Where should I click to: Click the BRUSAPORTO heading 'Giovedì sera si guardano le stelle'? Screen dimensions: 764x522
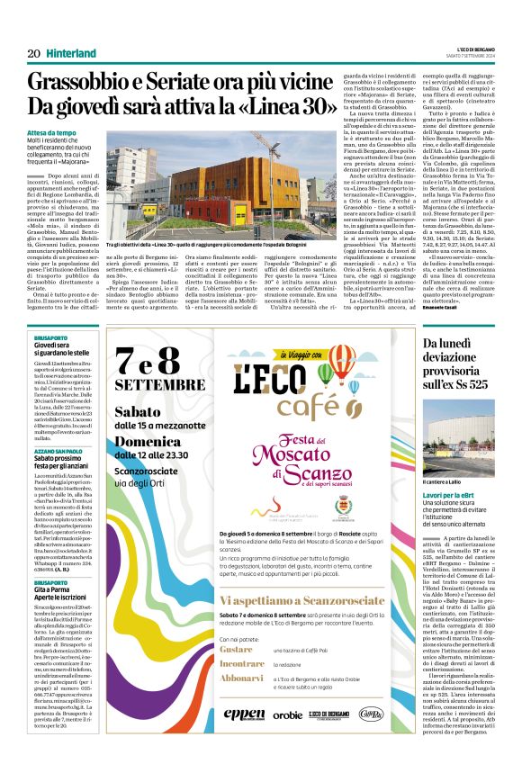(x=62, y=347)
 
